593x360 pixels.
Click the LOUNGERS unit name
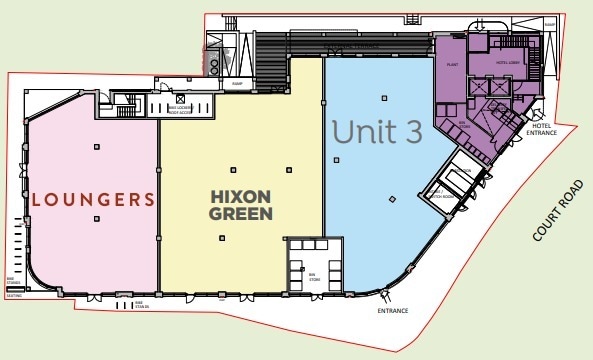coord(93,198)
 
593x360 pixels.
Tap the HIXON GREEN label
coord(241,203)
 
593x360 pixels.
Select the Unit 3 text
coord(378,132)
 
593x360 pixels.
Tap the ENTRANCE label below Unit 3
coord(392,311)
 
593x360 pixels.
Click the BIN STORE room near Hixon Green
coord(313,266)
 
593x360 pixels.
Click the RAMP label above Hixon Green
coord(237,83)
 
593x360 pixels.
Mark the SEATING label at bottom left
coord(13,296)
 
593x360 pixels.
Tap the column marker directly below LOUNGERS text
coord(97,241)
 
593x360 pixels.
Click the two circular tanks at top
coord(214,61)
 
